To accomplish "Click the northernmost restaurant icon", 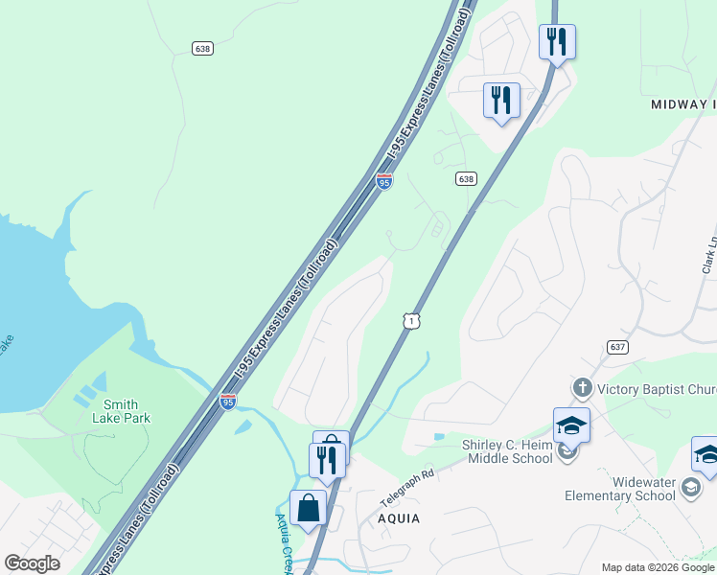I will tap(557, 41).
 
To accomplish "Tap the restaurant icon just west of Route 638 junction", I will tap(501, 100).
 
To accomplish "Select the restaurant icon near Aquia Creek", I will tap(327, 460).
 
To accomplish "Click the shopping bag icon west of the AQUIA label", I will tap(310, 507).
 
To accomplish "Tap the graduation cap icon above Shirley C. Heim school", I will tap(571, 425).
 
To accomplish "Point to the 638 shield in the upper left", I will tap(201, 48).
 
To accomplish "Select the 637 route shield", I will tap(616, 346).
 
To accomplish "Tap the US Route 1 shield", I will tap(410, 322).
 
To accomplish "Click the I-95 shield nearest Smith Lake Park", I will tap(228, 402).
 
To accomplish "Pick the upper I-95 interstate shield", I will tap(383, 180).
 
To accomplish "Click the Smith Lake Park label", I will tap(121, 411).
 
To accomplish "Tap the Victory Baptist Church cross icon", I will tap(582, 388).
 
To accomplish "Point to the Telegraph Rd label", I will tap(407, 485).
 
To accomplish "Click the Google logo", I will tap(32, 563).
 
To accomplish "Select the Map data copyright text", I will tap(658, 567).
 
